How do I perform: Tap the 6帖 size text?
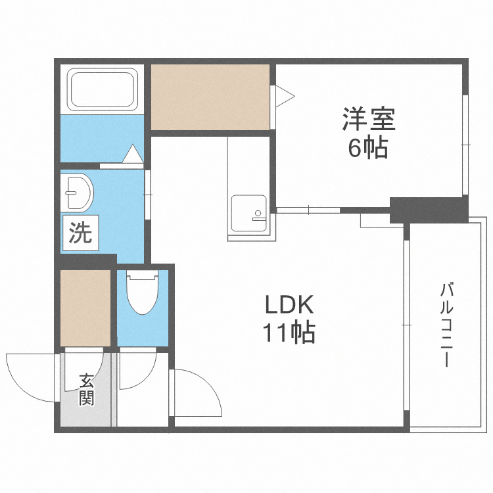click(367, 149)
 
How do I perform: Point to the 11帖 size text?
click(290, 333)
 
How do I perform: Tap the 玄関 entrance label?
click(86, 389)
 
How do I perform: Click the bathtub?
click(103, 90)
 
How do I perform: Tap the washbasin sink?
click(78, 193)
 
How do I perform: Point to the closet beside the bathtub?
click(210, 97)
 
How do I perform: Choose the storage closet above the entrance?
click(85, 308)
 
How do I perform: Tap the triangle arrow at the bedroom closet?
click(285, 97)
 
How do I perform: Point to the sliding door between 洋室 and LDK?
click(309, 210)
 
